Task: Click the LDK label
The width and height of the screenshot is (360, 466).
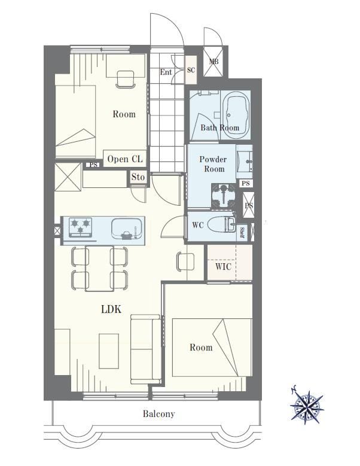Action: tap(111, 309)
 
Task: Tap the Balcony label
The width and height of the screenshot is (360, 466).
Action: tap(159, 414)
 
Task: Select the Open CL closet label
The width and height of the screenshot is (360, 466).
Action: tap(125, 159)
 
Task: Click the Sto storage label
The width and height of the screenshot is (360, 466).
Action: tap(138, 177)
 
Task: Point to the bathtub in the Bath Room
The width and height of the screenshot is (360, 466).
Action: tap(236, 114)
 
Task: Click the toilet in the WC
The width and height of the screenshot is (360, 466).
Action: tap(221, 224)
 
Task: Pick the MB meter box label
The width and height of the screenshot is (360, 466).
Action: tap(213, 62)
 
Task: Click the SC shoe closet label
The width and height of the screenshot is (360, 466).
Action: tap(191, 70)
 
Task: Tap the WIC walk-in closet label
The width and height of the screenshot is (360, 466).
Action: tap(223, 266)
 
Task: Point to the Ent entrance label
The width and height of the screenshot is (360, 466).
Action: tap(166, 72)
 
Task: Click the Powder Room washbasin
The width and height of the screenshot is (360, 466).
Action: tap(245, 162)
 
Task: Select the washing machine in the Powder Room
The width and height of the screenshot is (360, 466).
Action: tap(224, 195)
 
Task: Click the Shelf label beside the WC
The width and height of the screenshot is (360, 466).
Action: tap(242, 233)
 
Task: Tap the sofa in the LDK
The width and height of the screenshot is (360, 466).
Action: tap(146, 349)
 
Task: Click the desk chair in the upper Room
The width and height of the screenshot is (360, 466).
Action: tap(126, 80)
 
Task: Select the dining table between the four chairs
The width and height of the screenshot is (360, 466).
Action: tap(99, 268)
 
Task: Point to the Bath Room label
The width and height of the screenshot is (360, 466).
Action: tap(220, 128)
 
